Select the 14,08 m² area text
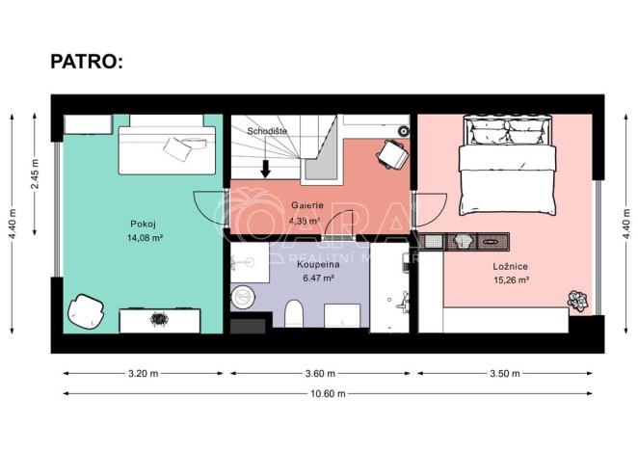coord(144,237)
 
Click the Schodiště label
coord(266,129)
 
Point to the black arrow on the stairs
coord(266,167)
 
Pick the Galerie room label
coord(306,204)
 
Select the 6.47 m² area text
coord(318,278)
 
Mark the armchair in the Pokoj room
coord(86,310)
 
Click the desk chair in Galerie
coord(392,151)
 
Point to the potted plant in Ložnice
coord(578,300)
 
